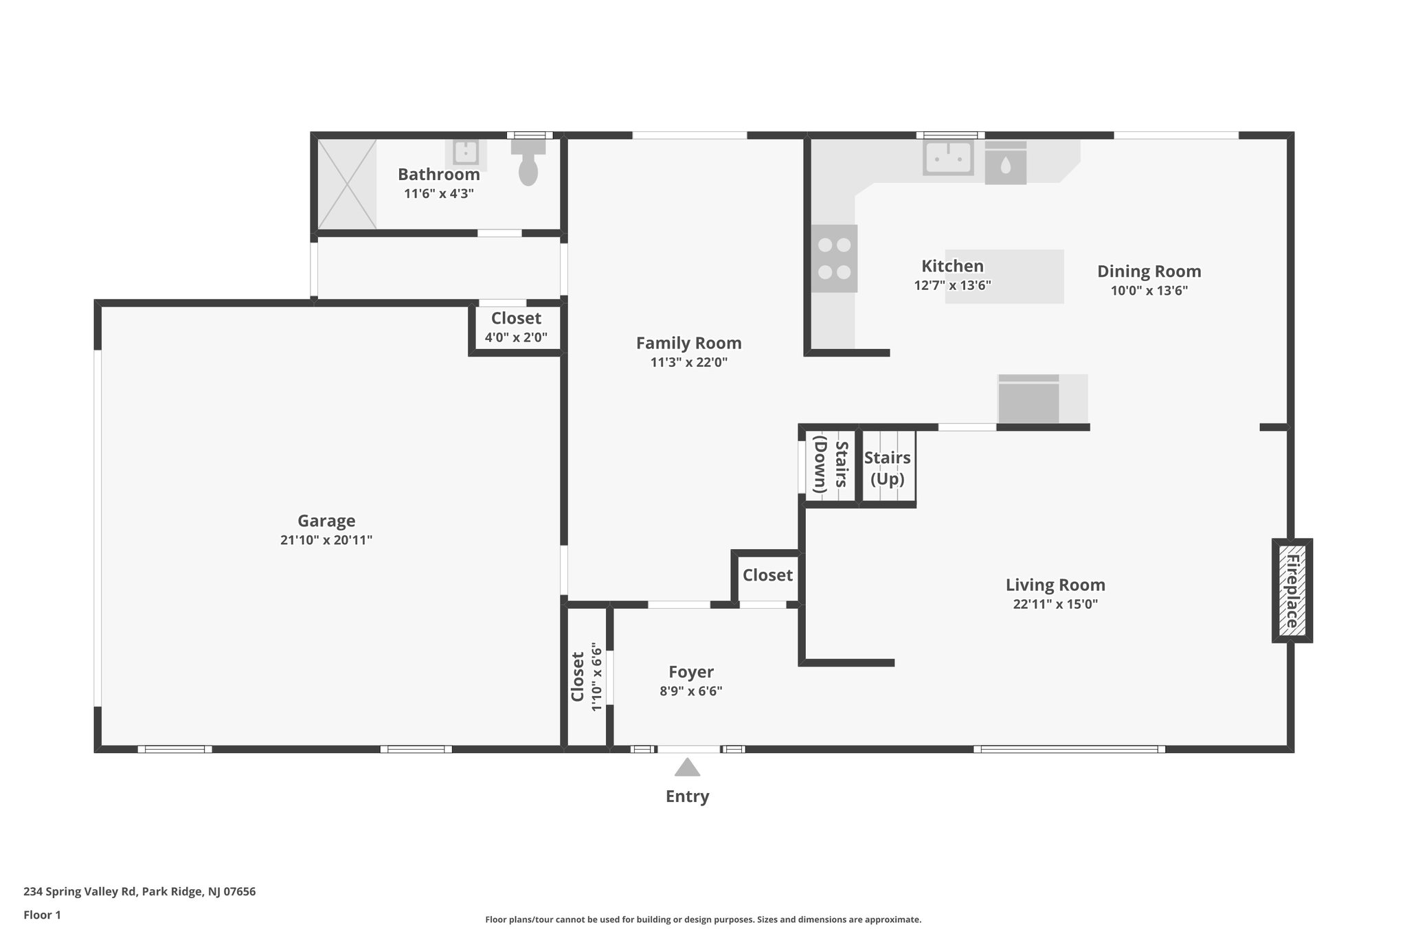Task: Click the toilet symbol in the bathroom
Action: (528, 165)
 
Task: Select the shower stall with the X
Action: (347, 183)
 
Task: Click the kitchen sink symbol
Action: (948, 157)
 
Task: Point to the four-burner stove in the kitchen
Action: (834, 258)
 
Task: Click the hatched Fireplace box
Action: (1292, 590)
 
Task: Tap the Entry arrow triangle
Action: (687, 768)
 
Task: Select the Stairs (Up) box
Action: (888, 469)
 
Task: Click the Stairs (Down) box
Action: (830, 465)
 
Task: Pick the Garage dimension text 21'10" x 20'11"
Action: (326, 540)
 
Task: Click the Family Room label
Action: (688, 343)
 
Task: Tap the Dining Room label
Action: (1149, 271)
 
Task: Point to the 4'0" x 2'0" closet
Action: (516, 327)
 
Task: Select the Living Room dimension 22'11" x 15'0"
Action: (1055, 605)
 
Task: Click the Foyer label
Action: (691, 672)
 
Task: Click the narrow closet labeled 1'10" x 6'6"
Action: (586, 677)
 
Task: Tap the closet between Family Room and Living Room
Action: (767, 576)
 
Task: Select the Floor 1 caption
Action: (43, 915)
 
